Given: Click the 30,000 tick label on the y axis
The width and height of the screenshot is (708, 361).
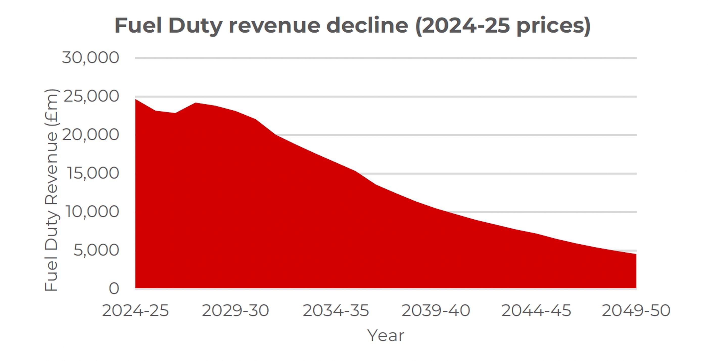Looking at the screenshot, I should [x=90, y=58].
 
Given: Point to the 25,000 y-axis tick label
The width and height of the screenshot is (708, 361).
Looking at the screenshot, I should [x=91, y=96].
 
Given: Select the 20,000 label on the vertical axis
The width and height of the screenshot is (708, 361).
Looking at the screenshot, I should [x=90, y=135].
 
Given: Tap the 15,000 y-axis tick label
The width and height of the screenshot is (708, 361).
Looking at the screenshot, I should [x=93, y=173].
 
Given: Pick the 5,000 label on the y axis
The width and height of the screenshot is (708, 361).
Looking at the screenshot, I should [x=96, y=250].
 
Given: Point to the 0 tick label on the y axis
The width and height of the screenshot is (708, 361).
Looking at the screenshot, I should [x=114, y=289].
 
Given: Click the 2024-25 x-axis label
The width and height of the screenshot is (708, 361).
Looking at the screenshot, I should [x=135, y=311].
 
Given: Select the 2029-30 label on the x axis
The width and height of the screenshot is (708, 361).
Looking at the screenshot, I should [x=235, y=311].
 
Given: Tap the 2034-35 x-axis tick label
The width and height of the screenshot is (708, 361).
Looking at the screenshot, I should [x=336, y=311].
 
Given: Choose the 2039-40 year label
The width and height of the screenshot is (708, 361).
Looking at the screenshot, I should [x=436, y=311].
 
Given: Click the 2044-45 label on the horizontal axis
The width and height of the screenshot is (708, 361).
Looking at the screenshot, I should [x=536, y=311].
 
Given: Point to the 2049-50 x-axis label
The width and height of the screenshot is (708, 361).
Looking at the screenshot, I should [x=636, y=311].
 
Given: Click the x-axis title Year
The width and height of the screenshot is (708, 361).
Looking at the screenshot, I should [x=386, y=336].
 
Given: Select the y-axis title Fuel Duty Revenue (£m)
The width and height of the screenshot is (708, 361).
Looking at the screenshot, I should [x=51, y=190].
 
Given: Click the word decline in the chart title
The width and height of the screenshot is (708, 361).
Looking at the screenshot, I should [x=367, y=26].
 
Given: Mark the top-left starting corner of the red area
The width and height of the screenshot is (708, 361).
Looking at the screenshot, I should [x=136, y=99].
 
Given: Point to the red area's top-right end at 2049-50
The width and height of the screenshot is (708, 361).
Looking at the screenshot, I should [x=636, y=254].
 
